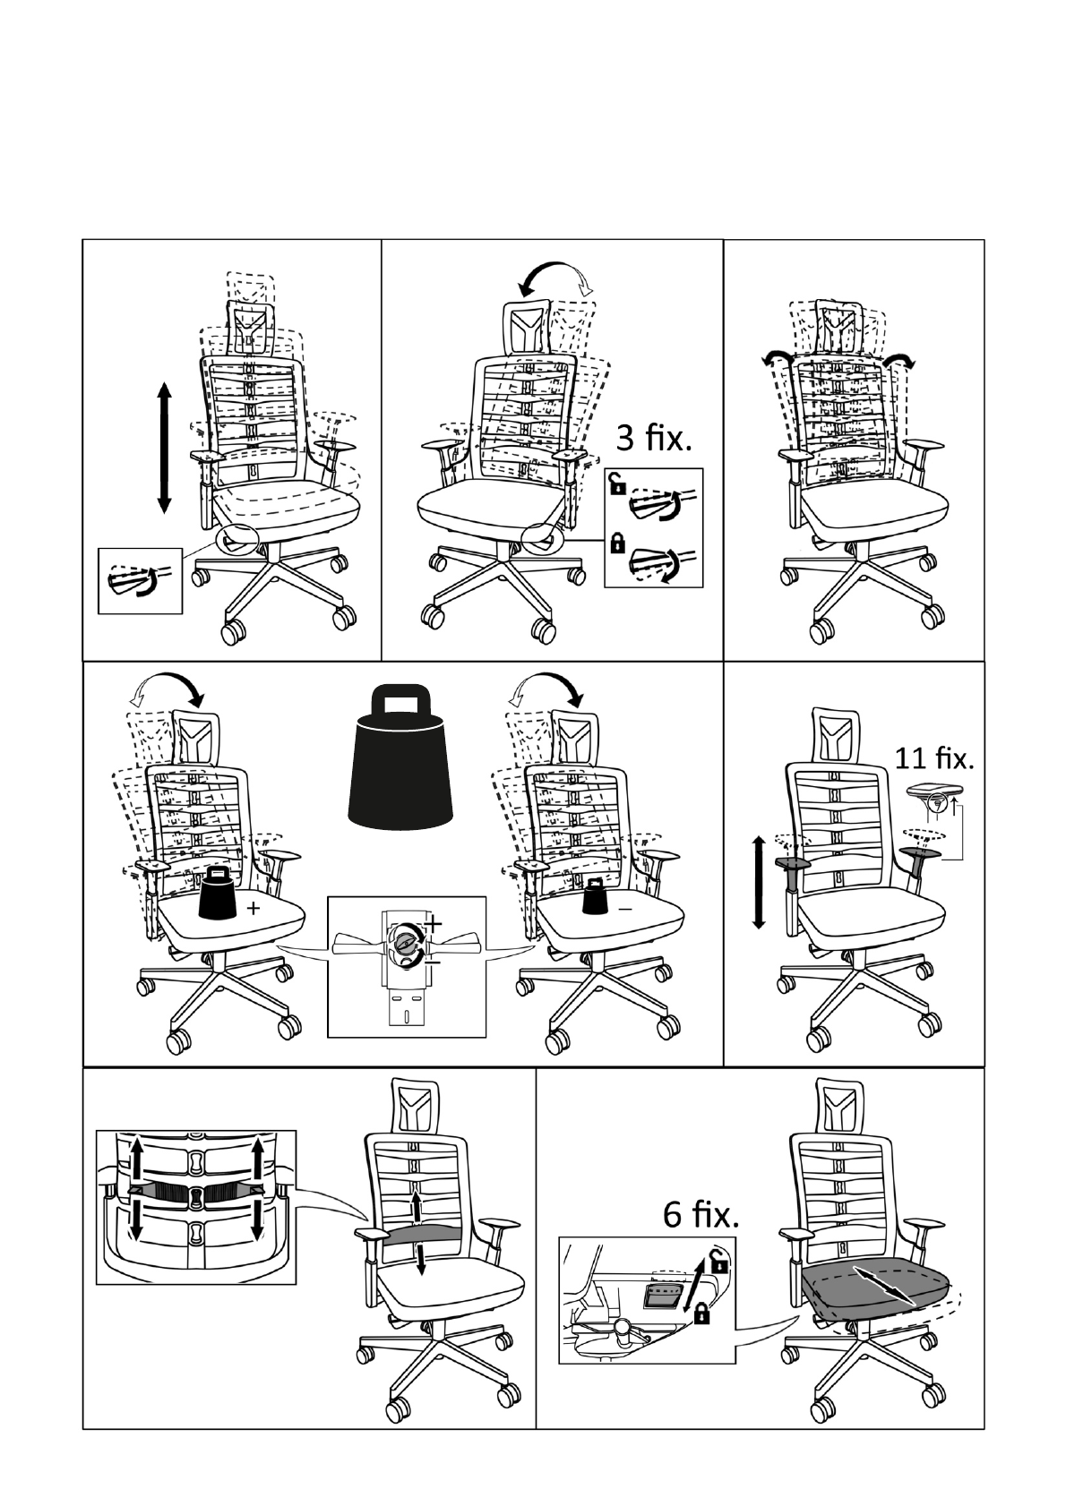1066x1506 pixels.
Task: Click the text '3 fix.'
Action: [654, 440]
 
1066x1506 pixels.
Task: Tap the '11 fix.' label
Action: [933, 758]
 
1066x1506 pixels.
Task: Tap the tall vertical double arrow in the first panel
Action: [164, 447]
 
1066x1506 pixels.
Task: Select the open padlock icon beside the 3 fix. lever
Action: [616, 485]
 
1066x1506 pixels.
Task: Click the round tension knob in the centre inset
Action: [405, 942]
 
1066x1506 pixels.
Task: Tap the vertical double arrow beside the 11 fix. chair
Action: [759, 881]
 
